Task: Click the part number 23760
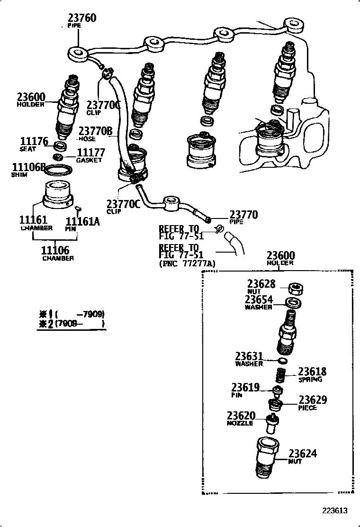click(x=82, y=18)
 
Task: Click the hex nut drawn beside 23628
click(x=297, y=288)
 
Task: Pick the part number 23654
click(x=259, y=300)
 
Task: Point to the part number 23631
click(x=249, y=356)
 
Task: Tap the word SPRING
click(x=310, y=380)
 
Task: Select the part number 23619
click(x=245, y=387)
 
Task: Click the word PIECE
click(x=307, y=408)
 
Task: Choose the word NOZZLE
click(x=240, y=423)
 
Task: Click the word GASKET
click(x=89, y=160)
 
